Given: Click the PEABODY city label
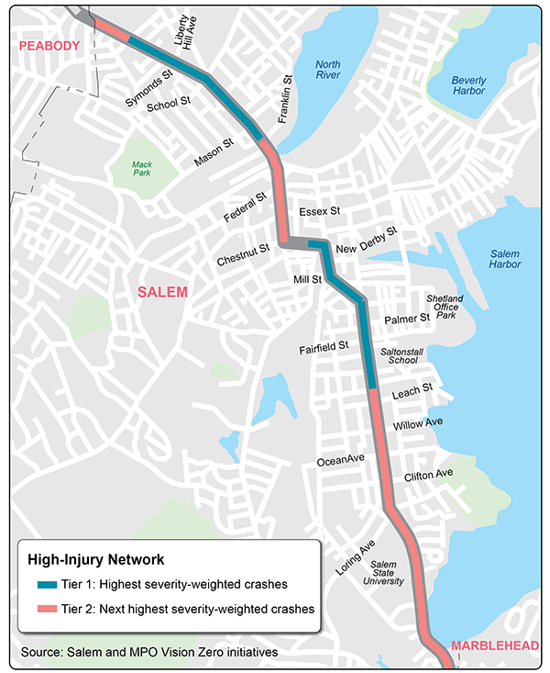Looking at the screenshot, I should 43,45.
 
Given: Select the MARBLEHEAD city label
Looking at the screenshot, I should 494,646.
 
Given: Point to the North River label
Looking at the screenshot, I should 327,71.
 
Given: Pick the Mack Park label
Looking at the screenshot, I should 140,167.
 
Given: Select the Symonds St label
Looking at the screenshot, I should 148,88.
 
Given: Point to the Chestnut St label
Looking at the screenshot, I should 243,254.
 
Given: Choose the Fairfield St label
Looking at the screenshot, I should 324,348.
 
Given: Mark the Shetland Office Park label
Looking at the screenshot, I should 445,307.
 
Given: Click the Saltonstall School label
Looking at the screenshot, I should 404,355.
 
